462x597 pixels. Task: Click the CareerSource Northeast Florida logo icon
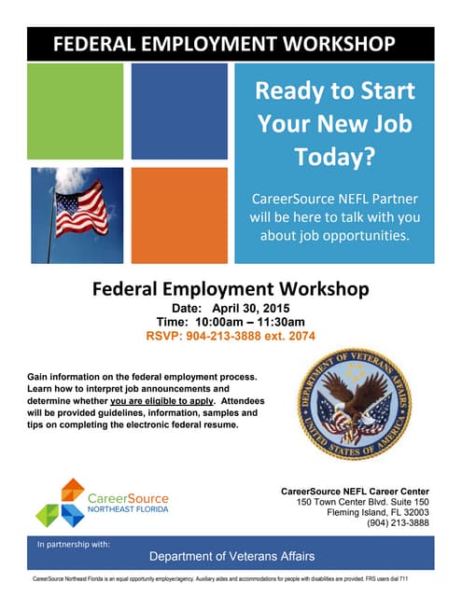[60, 504]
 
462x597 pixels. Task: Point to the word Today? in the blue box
[333, 157]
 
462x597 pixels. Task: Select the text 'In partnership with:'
[76, 543]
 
